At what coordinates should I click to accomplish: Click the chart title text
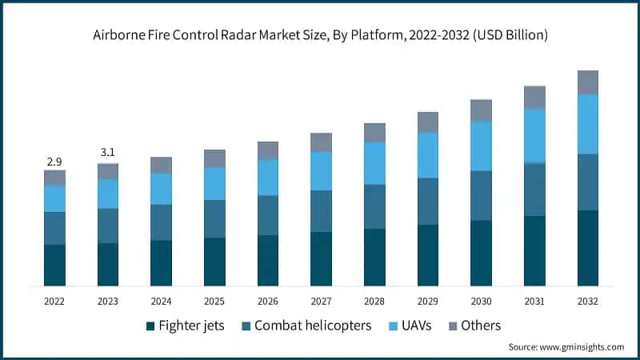coord(320,34)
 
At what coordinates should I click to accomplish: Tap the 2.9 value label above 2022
coord(54,161)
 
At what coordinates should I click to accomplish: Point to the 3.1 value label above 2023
coord(108,152)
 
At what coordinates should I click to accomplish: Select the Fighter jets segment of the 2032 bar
coord(588,247)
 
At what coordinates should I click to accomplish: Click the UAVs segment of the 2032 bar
coord(588,124)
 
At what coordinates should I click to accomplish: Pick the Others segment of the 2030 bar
coord(481,110)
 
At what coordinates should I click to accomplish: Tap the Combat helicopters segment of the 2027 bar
coord(321,210)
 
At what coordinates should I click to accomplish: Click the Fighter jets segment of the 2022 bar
coord(54,265)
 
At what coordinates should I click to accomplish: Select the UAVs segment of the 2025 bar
coord(214,183)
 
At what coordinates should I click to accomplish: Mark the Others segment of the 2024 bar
coord(161,165)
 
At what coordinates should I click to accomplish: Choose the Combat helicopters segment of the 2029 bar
coord(428,201)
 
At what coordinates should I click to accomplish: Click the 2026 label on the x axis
coord(268,301)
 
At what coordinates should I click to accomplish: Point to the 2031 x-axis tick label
coord(534,301)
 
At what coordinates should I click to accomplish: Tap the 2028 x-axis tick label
coord(374,301)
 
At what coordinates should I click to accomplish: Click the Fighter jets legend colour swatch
coord(150,326)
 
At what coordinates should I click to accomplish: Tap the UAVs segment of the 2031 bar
coord(534,135)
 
